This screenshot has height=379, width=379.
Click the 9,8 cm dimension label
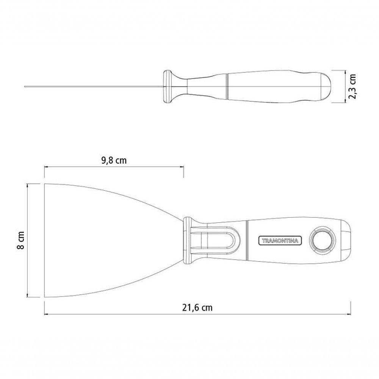coord(114,160)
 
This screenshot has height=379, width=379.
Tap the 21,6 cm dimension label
coord(197,307)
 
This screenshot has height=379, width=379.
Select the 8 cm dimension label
coord(21,240)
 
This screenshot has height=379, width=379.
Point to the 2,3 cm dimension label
coord(352,86)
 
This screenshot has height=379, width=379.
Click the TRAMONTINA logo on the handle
coord(280,241)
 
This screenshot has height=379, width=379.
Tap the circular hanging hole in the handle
coord(322,241)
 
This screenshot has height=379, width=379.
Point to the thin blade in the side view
coord(94,86)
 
